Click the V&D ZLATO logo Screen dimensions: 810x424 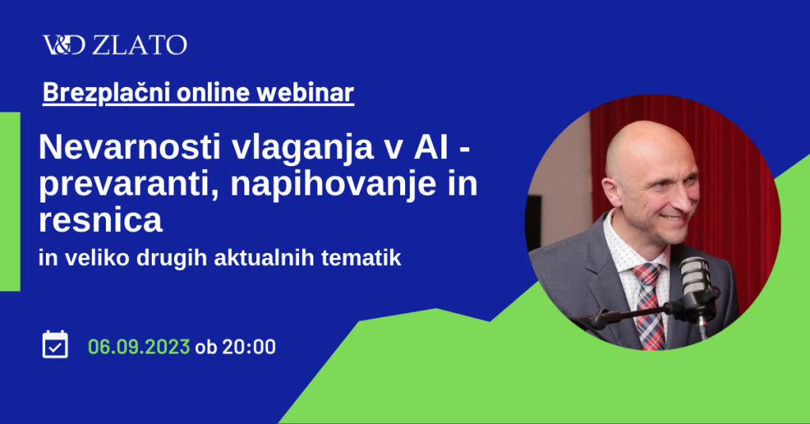(115, 45)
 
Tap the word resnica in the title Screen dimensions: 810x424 (100, 221)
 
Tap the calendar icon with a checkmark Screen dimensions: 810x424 (55, 344)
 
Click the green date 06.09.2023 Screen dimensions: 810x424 (139, 346)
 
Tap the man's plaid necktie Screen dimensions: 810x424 (648, 306)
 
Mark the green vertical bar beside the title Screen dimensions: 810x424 (9, 202)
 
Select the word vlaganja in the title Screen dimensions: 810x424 (301, 149)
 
